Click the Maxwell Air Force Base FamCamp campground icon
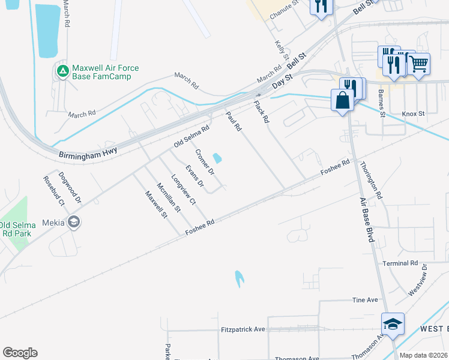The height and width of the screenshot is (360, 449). coord(62,72)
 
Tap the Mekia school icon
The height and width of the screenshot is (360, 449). coord(74,222)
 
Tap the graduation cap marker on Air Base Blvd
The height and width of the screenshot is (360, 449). coord(393,324)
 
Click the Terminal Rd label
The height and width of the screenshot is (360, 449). coord(400,263)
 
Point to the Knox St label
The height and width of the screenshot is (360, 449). coord(413,113)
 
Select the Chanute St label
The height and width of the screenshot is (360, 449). coord(284,10)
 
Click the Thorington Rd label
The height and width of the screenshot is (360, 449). coord(370,180)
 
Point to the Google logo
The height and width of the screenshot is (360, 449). coord(20,353)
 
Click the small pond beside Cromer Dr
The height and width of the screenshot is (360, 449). coord(217,158)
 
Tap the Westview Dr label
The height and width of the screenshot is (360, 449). coord(418,279)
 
